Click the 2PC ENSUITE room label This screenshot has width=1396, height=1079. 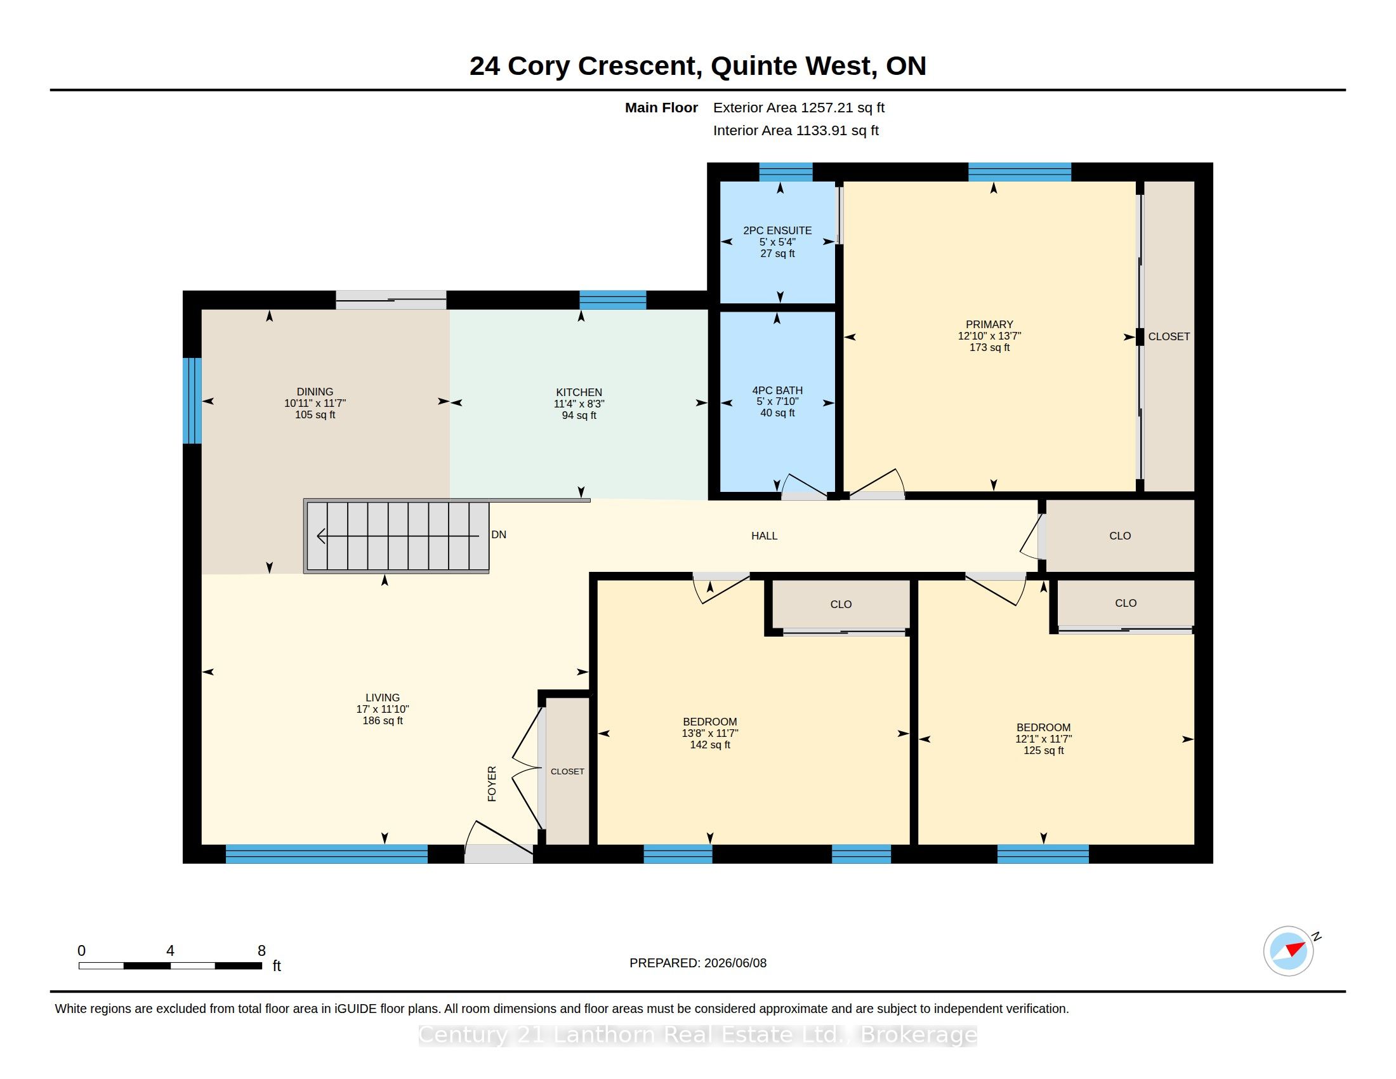(x=777, y=230)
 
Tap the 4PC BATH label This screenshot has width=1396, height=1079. (x=777, y=390)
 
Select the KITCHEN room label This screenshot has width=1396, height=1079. (x=579, y=392)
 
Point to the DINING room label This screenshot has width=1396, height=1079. (x=315, y=391)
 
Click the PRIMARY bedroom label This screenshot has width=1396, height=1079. (x=989, y=324)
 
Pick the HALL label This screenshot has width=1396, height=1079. (x=764, y=536)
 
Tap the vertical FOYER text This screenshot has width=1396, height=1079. (x=492, y=784)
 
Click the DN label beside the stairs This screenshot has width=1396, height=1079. (x=499, y=534)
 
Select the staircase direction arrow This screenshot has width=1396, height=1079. (x=398, y=536)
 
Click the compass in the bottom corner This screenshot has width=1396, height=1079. (x=1288, y=951)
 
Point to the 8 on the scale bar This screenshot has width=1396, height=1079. (x=261, y=951)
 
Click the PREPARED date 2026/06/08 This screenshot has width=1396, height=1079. (x=735, y=963)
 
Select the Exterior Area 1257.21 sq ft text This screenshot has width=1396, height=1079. (x=798, y=107)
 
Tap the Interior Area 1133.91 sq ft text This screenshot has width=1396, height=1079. (x=796, y=130)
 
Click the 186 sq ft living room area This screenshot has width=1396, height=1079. (x=382, y=720)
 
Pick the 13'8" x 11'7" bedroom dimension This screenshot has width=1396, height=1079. (x=709, y=733)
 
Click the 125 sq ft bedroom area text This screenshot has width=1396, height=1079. (x=1043, y=750)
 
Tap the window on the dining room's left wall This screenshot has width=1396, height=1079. (x=192, y=400)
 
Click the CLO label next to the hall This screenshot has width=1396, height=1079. (x=1120, y=536)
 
